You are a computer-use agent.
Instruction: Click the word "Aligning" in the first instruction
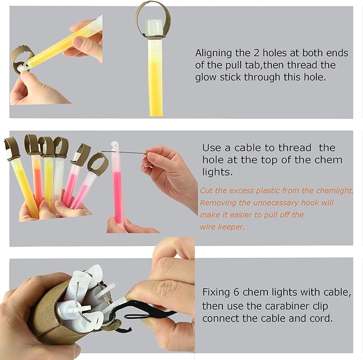click(213, 53)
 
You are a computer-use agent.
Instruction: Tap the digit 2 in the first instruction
click(256, 53)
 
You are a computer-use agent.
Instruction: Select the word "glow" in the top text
click(205, 78)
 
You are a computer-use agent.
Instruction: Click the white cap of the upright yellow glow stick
click(154, 27)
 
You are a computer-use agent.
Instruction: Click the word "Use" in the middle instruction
click(211, 148)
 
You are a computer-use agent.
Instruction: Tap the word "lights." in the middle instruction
click(217, 172)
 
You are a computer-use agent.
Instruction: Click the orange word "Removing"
click(218, 203)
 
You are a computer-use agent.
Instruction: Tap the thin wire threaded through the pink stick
click(125, 152)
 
